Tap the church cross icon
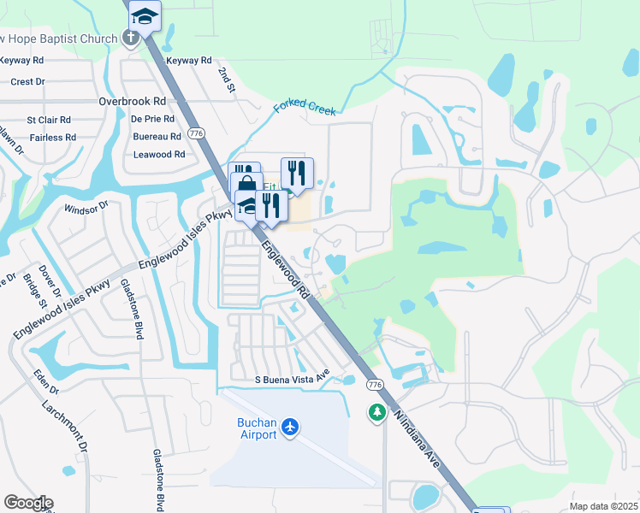(130, 38)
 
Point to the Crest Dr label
(27, 82)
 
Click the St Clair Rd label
(49, 121)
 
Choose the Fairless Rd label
(52, 138)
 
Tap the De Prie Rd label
(154, 119)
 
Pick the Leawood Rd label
(159, 155)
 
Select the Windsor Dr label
(86, 206)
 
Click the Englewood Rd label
(285, 269)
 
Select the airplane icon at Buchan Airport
(291, 426)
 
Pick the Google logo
(27, 503)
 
